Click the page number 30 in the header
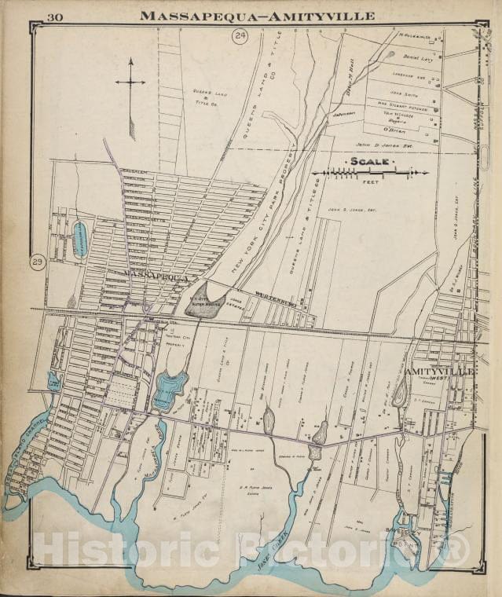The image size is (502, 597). tap(56, 17)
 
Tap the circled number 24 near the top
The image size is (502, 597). tap(240, 35)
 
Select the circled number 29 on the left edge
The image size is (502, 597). tap(37, 262)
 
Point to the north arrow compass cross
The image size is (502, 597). tap(130, 82)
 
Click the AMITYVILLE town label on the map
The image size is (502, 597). tap(439, 370)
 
